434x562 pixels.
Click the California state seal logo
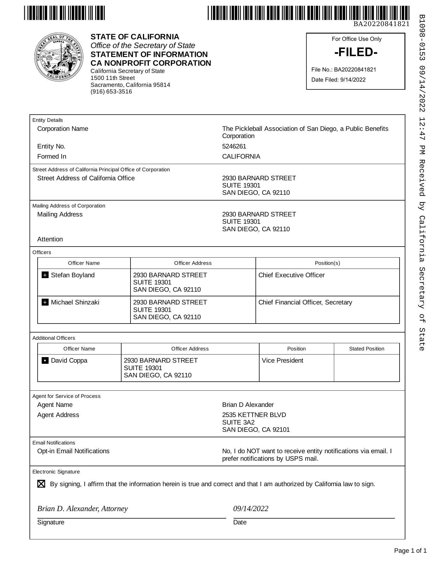pyautogui.click(x=59, y=57)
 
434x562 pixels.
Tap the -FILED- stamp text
pyautogui.click(x=356, y=52)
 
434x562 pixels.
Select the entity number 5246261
pyautogui.click(x=234, y=146)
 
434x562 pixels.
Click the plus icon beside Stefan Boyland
pyautogui.click(x=45, y=275)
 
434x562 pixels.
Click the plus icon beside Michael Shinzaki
pyautogui.click(x=45, y=302)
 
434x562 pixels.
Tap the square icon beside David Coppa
pyautogui.click(x=45, y=361)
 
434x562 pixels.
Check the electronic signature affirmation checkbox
pyautogui.click(x=41, y=484)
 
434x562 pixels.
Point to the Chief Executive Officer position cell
pyautogui.click(x=291, y=275)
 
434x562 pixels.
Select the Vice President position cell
pyautogui.click(x=282, y=361)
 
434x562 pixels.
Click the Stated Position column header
pyautogui.click(x=367, y=349)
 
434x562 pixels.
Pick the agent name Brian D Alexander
pyautogui.click(x=248, y=405)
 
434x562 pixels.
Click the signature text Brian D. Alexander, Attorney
pyautogui.click(x=82, y=509)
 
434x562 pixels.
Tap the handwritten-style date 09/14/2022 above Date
pyautogui.click(x=251, y=509)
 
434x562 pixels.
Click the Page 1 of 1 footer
pyautogui.click(x=410, y=551)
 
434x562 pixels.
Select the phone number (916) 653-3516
pyautogui.click(x=111, y=92)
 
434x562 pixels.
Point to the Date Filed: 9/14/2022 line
pyautogui.click(x=338, y=80)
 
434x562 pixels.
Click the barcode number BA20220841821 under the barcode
pyautogui.click(x=381, y=24)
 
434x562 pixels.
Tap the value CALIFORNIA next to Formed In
pyautogui.click(x=241, y=157)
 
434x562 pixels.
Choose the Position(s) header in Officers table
pyautogui.click(x=327, y=263)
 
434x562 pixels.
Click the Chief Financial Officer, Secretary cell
pyautogui.click(x=305, y=302)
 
